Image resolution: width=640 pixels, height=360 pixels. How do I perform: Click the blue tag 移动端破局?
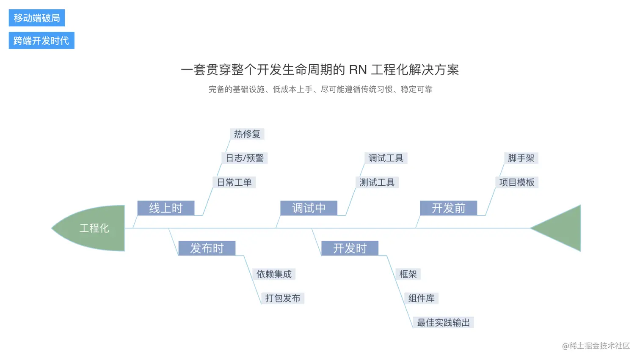click(x=37, y=18)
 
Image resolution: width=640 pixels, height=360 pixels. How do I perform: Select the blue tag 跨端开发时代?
click(x=41, y=41)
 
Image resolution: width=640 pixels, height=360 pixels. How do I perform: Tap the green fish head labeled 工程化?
click(x=94, y=228)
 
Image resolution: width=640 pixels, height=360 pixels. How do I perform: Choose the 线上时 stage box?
click(x=166, y=208)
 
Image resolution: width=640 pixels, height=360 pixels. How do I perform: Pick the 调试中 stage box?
click(x=309, y=208)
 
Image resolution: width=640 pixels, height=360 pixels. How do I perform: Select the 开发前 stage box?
click(x=448, y=208)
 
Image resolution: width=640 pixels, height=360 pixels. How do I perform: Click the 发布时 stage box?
click(x=207, y=248)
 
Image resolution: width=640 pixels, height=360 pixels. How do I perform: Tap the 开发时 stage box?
click(x=350, y=248)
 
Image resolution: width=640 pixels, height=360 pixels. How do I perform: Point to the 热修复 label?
click(x=247, y=134)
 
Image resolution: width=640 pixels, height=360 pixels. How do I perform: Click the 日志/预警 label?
click(x=245, y=158)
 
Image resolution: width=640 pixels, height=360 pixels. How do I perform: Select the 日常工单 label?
click(x=234, y=182)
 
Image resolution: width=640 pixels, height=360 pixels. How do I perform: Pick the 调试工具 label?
click(x=386, y=158)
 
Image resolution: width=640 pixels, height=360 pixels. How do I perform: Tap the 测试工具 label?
click(x=377, y=182)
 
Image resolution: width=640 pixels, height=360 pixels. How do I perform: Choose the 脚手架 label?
click(x=521, y=158)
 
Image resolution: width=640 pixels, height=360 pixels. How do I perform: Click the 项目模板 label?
click(x=516, y=182)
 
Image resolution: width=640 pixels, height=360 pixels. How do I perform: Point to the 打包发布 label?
click(x=282, y=298)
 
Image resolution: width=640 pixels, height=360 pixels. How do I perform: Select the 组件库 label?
click(x=421, y=298)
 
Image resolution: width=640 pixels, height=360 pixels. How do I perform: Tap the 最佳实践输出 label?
click(x=443, y=323)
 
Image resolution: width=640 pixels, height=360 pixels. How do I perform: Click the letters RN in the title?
click(x=358, y=70)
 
